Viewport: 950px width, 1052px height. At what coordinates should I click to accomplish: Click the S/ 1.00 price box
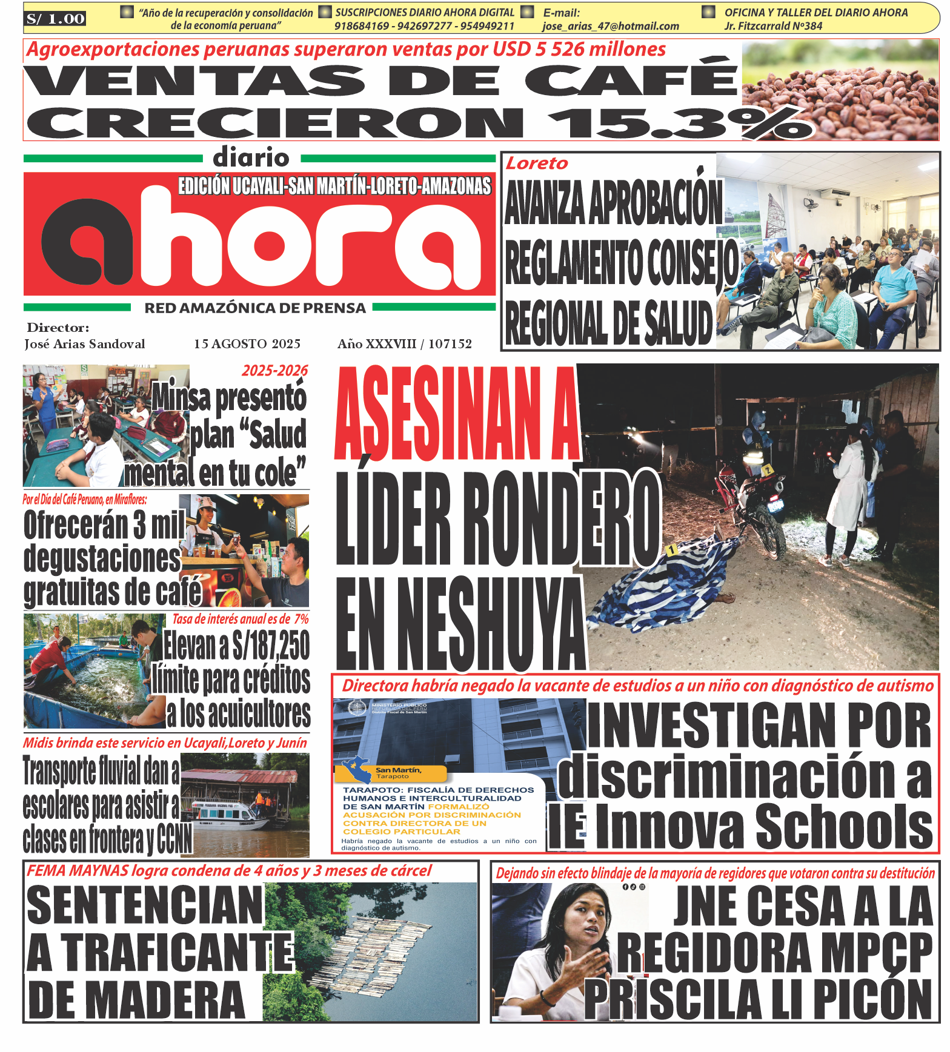click(55, 19)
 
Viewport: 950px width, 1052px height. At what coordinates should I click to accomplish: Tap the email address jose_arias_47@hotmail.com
click(610, 26)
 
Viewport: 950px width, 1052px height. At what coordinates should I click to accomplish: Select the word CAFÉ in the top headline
click(630, 80)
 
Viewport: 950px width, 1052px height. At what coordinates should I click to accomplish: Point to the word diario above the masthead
click(251, 158)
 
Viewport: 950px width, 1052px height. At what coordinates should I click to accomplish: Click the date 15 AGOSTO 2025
click(247, 344)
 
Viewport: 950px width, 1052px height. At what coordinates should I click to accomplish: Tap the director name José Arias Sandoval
click(85, 344)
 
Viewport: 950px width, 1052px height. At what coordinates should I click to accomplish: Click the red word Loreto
click(537, 164)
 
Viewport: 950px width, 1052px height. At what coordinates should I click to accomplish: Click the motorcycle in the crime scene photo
click(751, 509)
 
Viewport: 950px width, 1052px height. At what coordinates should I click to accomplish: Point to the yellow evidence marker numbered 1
click(671, 551)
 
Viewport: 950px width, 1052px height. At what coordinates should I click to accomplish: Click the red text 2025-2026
click(274, 371)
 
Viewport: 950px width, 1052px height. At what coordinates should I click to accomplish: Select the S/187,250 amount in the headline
click(270, 646)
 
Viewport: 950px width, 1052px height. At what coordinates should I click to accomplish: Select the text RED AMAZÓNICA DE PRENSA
click(254, 308)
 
